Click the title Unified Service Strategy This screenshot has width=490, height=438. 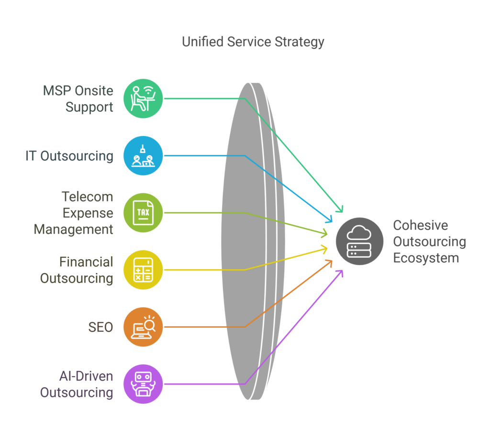[253, 42]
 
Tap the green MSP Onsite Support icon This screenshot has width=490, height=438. [143, 99]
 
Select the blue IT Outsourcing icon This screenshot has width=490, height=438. [143, 155]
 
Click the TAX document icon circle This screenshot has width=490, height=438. [143, 213]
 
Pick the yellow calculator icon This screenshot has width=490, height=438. [143, 270]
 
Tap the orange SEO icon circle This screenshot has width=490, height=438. [143, 327]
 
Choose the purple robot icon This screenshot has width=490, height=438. [143, 384]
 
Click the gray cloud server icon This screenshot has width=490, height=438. [360, 241]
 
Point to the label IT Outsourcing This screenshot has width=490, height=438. [69, 156]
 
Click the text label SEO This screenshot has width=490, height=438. [100, 327]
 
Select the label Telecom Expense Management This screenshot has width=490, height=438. [73, 213]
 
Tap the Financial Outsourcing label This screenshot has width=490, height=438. [77, 270]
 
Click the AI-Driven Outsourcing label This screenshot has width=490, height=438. [77, 384]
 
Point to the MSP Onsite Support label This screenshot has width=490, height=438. [78, 99]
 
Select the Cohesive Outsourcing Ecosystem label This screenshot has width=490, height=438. [430, 242]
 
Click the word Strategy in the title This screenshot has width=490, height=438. [300, 42]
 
